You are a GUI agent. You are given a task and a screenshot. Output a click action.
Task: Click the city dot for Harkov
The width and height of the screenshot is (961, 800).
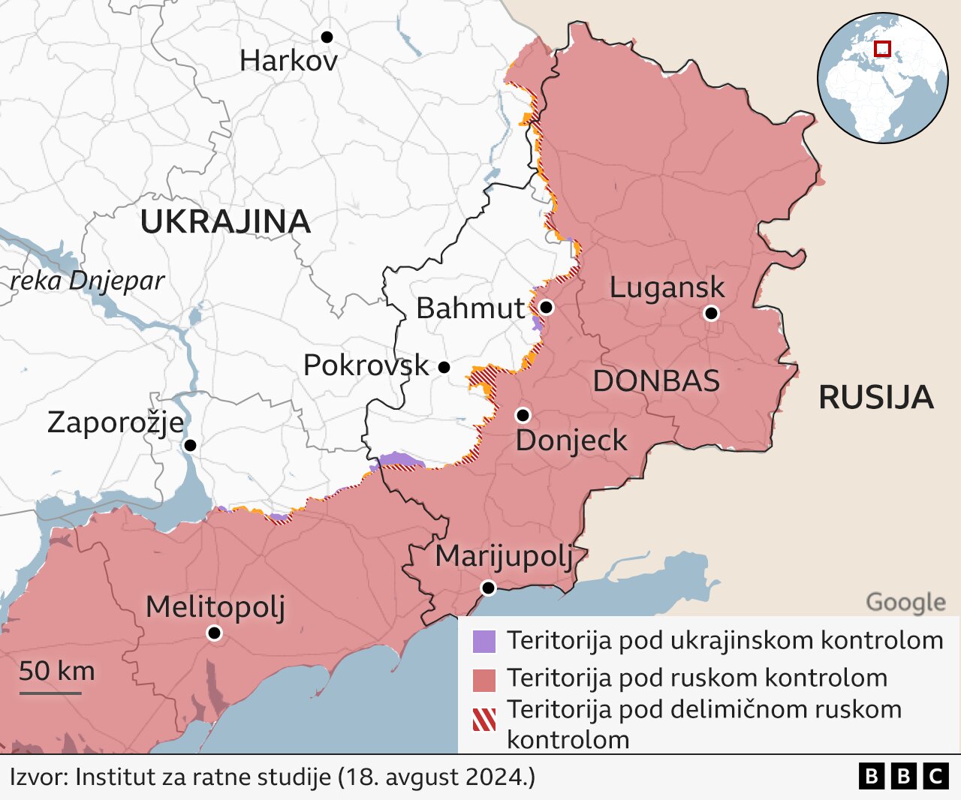[327, 37]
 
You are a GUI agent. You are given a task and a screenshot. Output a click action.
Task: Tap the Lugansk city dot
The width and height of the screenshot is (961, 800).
[711, 313]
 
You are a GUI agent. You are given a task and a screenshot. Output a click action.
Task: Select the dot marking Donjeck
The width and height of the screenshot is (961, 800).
[523, 415]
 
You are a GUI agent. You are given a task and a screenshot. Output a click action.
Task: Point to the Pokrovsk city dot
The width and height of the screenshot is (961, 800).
[444, 367]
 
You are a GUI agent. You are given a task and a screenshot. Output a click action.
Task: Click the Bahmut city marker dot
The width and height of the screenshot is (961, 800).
[546, 307]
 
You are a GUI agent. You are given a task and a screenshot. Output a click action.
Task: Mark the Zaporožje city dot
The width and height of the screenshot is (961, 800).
[190, 445]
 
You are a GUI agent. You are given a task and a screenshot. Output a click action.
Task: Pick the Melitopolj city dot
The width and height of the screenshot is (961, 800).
[214, 633]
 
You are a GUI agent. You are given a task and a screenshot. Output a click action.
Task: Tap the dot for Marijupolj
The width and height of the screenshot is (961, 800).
[488, 588]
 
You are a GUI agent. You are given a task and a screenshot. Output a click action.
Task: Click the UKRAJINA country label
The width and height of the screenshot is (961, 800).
[225, 221]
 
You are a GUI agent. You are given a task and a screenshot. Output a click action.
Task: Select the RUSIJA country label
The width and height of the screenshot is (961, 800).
[875, 397]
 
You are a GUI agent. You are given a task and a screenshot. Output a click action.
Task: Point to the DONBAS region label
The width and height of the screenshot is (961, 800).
[656, 381]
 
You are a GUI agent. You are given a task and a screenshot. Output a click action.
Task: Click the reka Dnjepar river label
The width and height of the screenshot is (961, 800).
[87, 281]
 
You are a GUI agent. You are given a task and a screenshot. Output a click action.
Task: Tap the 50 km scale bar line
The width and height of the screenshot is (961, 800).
[50, 692]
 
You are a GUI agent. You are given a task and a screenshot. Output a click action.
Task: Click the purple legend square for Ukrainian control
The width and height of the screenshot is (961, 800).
[484, 642]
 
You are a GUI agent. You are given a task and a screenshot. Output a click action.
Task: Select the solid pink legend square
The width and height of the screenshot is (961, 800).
[484, 680]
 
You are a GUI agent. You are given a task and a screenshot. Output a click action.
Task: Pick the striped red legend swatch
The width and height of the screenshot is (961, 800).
[484, 719]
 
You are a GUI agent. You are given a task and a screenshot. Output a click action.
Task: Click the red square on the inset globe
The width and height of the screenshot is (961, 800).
[883, 49]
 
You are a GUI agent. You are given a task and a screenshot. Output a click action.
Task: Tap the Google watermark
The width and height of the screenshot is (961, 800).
[905, 602]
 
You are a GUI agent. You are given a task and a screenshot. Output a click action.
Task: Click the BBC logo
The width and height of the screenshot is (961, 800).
[903, 776]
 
